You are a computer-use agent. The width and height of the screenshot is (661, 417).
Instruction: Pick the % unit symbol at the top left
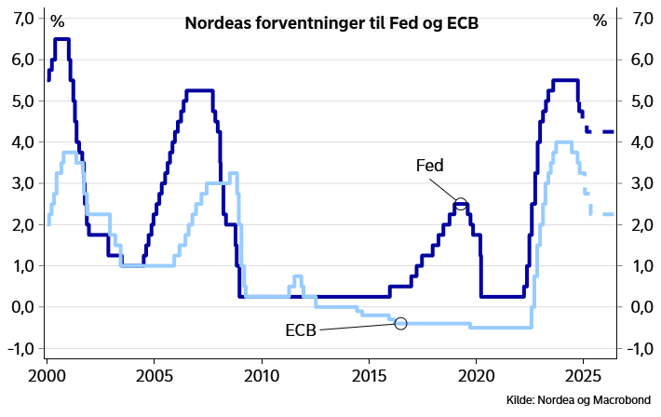58,19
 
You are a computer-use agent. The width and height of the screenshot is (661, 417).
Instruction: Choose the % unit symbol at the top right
600,19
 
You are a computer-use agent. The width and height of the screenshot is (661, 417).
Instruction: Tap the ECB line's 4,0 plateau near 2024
562,142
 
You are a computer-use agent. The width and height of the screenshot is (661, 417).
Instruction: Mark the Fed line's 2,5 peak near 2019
462,204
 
